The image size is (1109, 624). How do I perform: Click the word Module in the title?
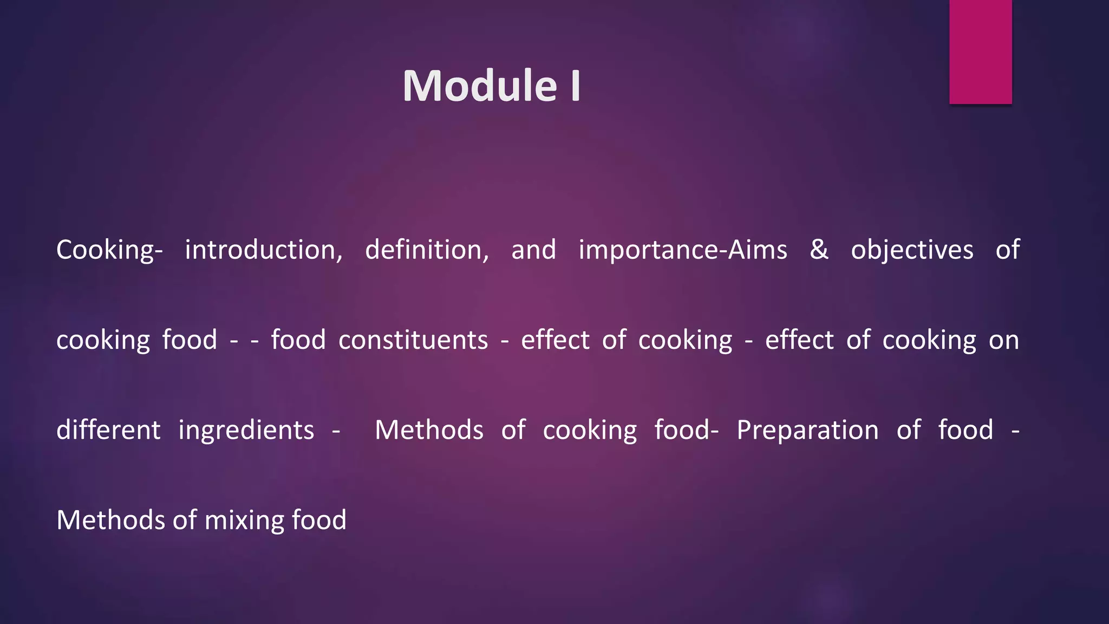480,86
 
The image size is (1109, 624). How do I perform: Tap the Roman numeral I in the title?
576,86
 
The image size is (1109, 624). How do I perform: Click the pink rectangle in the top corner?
980,51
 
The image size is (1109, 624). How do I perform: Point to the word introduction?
264,250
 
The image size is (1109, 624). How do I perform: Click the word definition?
427,250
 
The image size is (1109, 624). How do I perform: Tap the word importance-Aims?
682,250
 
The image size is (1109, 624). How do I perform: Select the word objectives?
912,250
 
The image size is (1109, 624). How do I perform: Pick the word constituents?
413,340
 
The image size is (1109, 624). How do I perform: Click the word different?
108,430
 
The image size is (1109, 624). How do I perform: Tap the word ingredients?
246,431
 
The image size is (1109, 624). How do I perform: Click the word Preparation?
807,430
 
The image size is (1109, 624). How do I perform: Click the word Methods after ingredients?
429,430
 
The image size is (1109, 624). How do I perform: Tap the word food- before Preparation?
686,430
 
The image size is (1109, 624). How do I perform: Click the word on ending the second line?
1004,340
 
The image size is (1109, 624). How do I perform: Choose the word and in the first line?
533,250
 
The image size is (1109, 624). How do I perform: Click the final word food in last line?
319,520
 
